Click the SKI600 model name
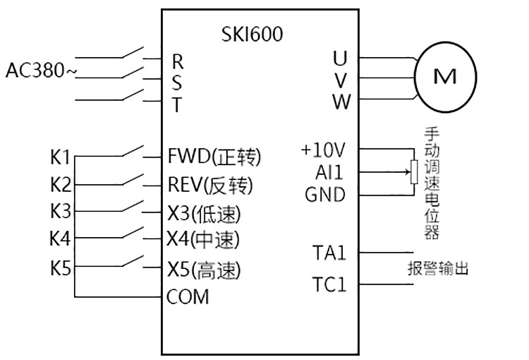(x=252, y=34)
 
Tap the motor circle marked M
(x=444, y=78)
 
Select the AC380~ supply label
(x=41, y=71)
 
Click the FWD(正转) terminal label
(x=214, y=156)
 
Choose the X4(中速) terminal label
(x=203, y=240)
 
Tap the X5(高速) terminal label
(x=204, y=270)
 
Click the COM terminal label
(x=188, y=296)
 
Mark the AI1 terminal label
(x=330, y=172)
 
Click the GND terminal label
(x=325, y=194)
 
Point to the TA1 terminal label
(x=329, y=252)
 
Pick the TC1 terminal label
(x=329, y=284)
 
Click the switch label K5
(x=61, y=269)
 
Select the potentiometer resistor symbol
(x=414, y=172)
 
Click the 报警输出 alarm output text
(x=437, y=269)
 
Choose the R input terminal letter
(x=178, y=61)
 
